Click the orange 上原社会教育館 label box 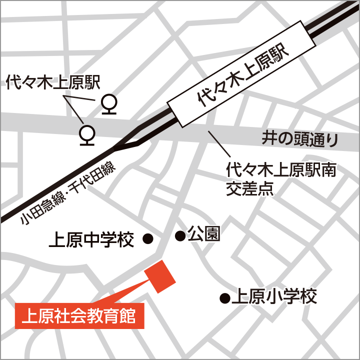click(x=80, y=316)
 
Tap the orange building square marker click(x=160, y=276)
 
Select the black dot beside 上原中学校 click(x=148, y=239)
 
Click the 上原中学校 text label click(x=91, y=241)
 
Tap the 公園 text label click(x=203, y=234)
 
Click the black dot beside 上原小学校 click(x=225, y=299)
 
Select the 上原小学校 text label click(x=275, y=297)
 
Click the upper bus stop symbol click(x=109, y=104)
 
